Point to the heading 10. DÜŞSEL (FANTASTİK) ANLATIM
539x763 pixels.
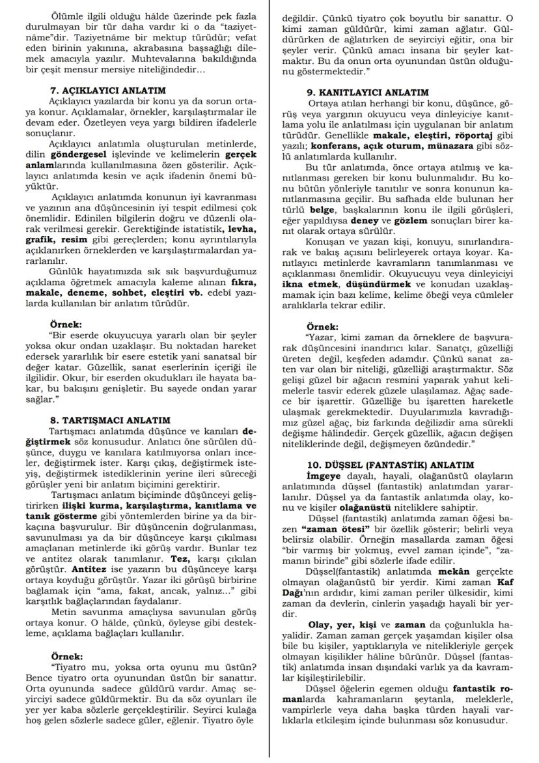click(391, 465)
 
